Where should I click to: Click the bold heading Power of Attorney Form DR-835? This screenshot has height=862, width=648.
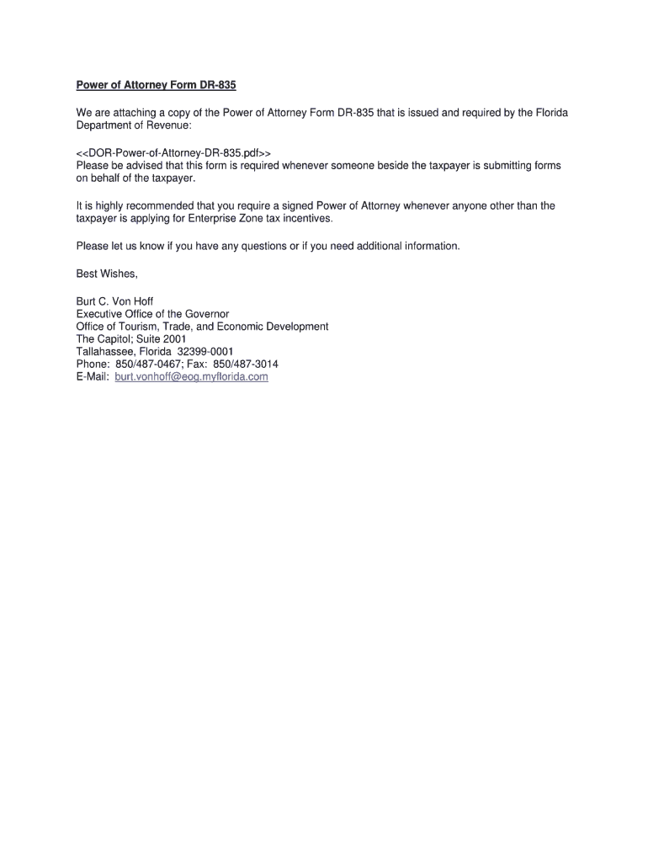(x=150, y=85)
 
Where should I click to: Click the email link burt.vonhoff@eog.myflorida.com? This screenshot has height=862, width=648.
(x=191, y=377)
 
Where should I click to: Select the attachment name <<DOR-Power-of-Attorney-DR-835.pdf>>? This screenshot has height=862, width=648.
(x=173, y=153)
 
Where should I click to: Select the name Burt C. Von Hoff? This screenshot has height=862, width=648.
(x=114, y=301)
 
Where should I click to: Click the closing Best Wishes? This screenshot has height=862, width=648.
(x=106, y=274)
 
